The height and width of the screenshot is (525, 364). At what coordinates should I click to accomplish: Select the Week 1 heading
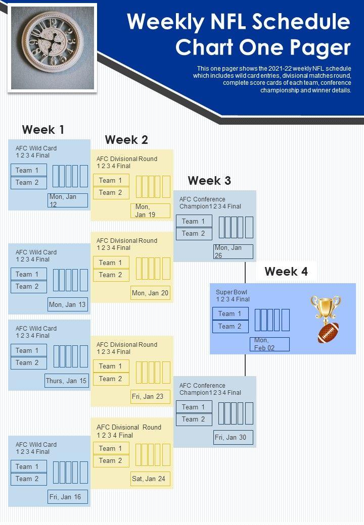[43, 130]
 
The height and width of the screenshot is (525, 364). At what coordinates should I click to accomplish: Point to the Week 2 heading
[126, 140]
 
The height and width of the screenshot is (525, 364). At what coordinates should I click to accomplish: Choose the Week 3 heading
[209, 180]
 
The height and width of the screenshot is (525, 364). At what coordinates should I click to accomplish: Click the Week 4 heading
[286, 272]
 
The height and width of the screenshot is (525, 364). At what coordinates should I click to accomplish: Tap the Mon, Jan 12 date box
[68, 200]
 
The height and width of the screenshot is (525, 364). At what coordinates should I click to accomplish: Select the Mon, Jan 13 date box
[68, 305]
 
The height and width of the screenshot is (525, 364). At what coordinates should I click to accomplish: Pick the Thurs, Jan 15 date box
[67, 381]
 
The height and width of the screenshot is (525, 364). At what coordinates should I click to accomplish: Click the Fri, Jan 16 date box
[68, 497]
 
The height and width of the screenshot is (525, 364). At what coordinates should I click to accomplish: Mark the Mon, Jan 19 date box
[150, 211]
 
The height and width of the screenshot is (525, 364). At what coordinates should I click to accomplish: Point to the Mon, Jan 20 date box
[150, 293]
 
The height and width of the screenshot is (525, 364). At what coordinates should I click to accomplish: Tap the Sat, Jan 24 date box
[150, 479]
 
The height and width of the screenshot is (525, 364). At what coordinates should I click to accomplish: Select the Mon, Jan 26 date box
[233, 251]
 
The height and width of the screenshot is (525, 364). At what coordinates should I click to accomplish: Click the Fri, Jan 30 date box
[233, 437]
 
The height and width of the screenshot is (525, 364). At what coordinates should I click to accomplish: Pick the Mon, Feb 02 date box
[269, 344]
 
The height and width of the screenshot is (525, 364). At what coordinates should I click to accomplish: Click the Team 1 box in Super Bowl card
[230, 314]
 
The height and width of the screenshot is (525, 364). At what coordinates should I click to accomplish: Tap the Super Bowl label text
[232, 292]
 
